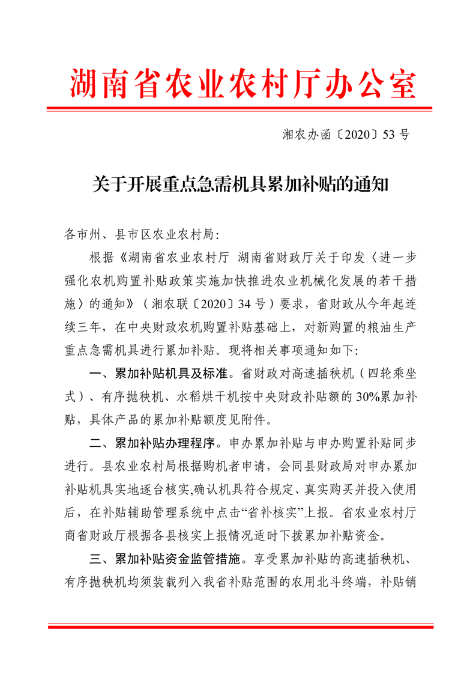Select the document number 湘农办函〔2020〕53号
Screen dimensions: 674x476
point(346,135)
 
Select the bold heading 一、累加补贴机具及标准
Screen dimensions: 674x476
point(158,374)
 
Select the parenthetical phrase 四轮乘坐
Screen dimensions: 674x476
point(390,374)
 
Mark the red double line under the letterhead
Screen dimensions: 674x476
point(240,109)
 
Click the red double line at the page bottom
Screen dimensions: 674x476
point(240,627)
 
